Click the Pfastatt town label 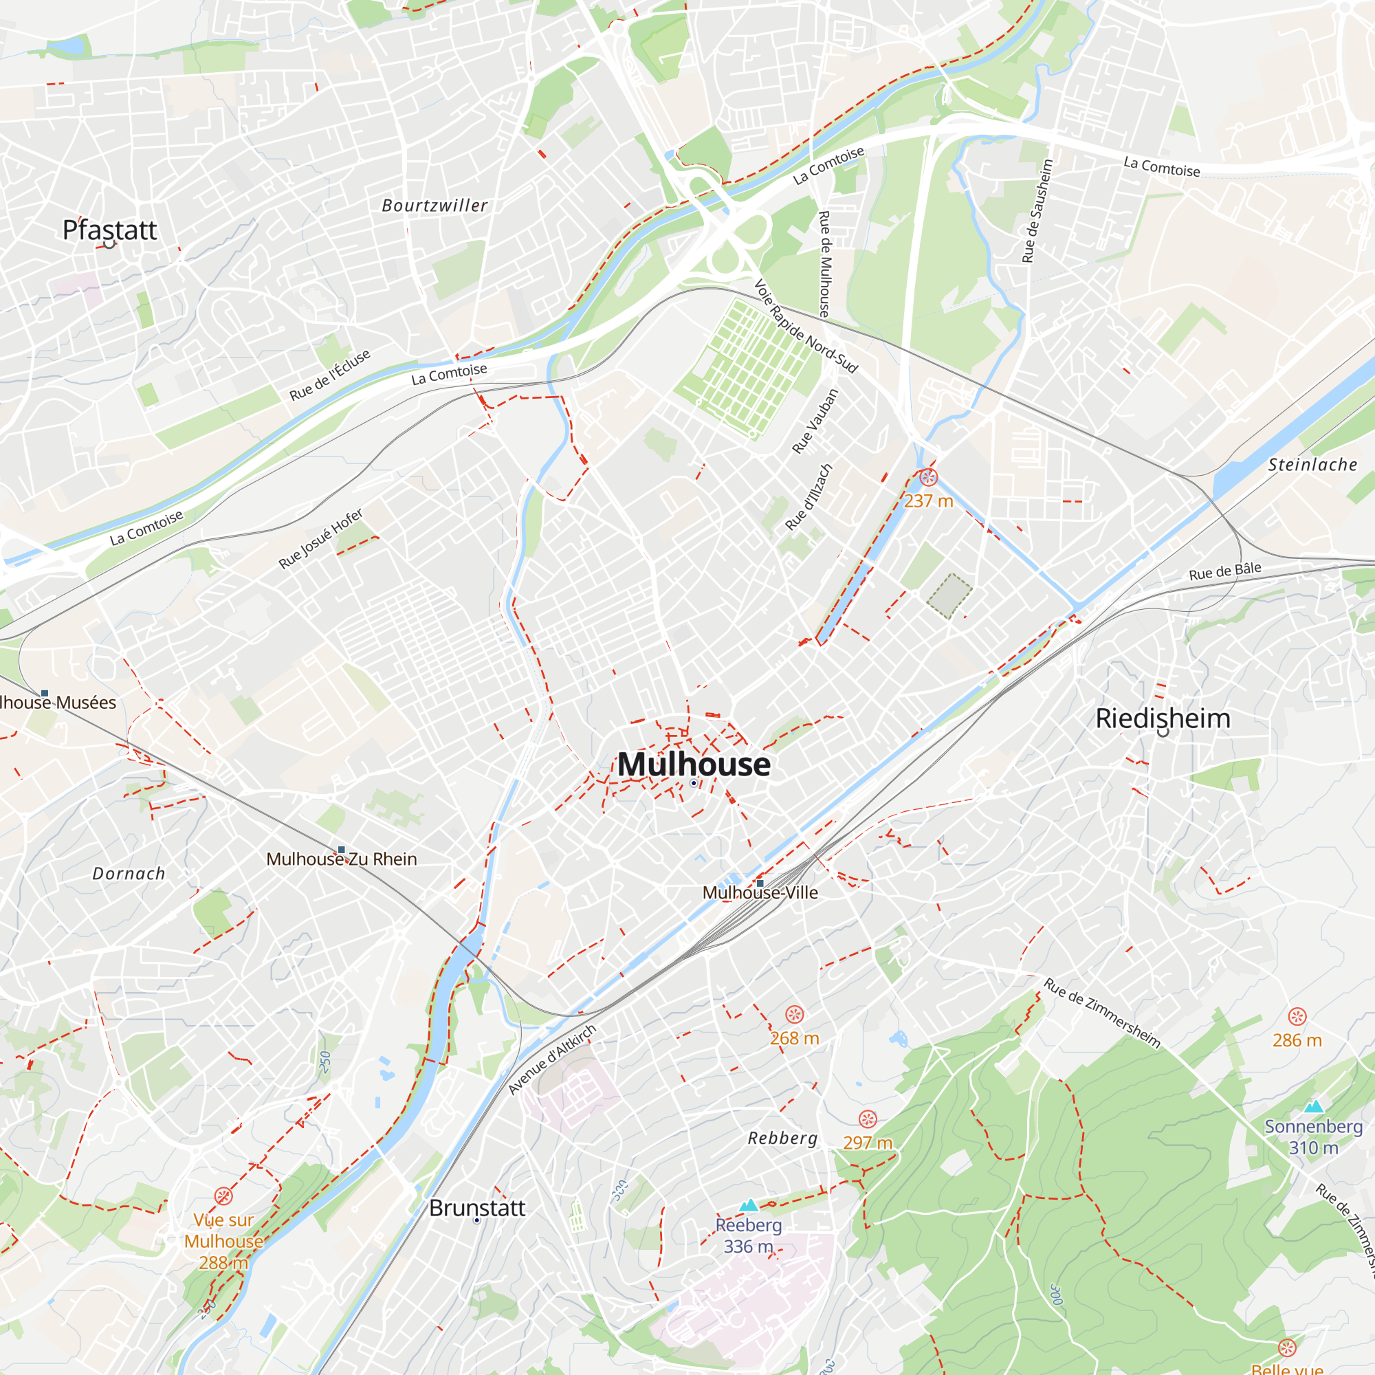109,230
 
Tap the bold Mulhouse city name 694,764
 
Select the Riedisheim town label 1163,718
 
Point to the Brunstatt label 477,1208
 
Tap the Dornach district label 129,874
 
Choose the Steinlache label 1312,465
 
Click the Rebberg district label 783,1138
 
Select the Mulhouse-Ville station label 760,892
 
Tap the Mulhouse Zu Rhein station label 342,859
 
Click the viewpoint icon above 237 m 928,477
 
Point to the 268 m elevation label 794,1038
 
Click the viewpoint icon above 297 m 868,1119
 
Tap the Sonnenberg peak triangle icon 1314,1106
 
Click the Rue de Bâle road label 1225,571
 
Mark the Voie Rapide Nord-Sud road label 806,327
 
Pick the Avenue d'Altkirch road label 551,1059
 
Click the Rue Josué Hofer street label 320,539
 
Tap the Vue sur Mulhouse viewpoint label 223,1240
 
